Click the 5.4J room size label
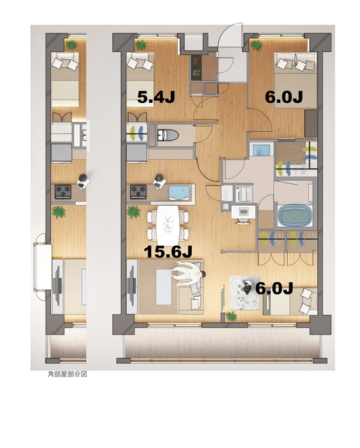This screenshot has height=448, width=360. (x=155, y=97)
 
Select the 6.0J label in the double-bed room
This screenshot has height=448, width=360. (x=283, y=97)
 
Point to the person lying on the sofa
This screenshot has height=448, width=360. (x=188, y=274)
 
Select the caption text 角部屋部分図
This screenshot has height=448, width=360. (x=67, y=374)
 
